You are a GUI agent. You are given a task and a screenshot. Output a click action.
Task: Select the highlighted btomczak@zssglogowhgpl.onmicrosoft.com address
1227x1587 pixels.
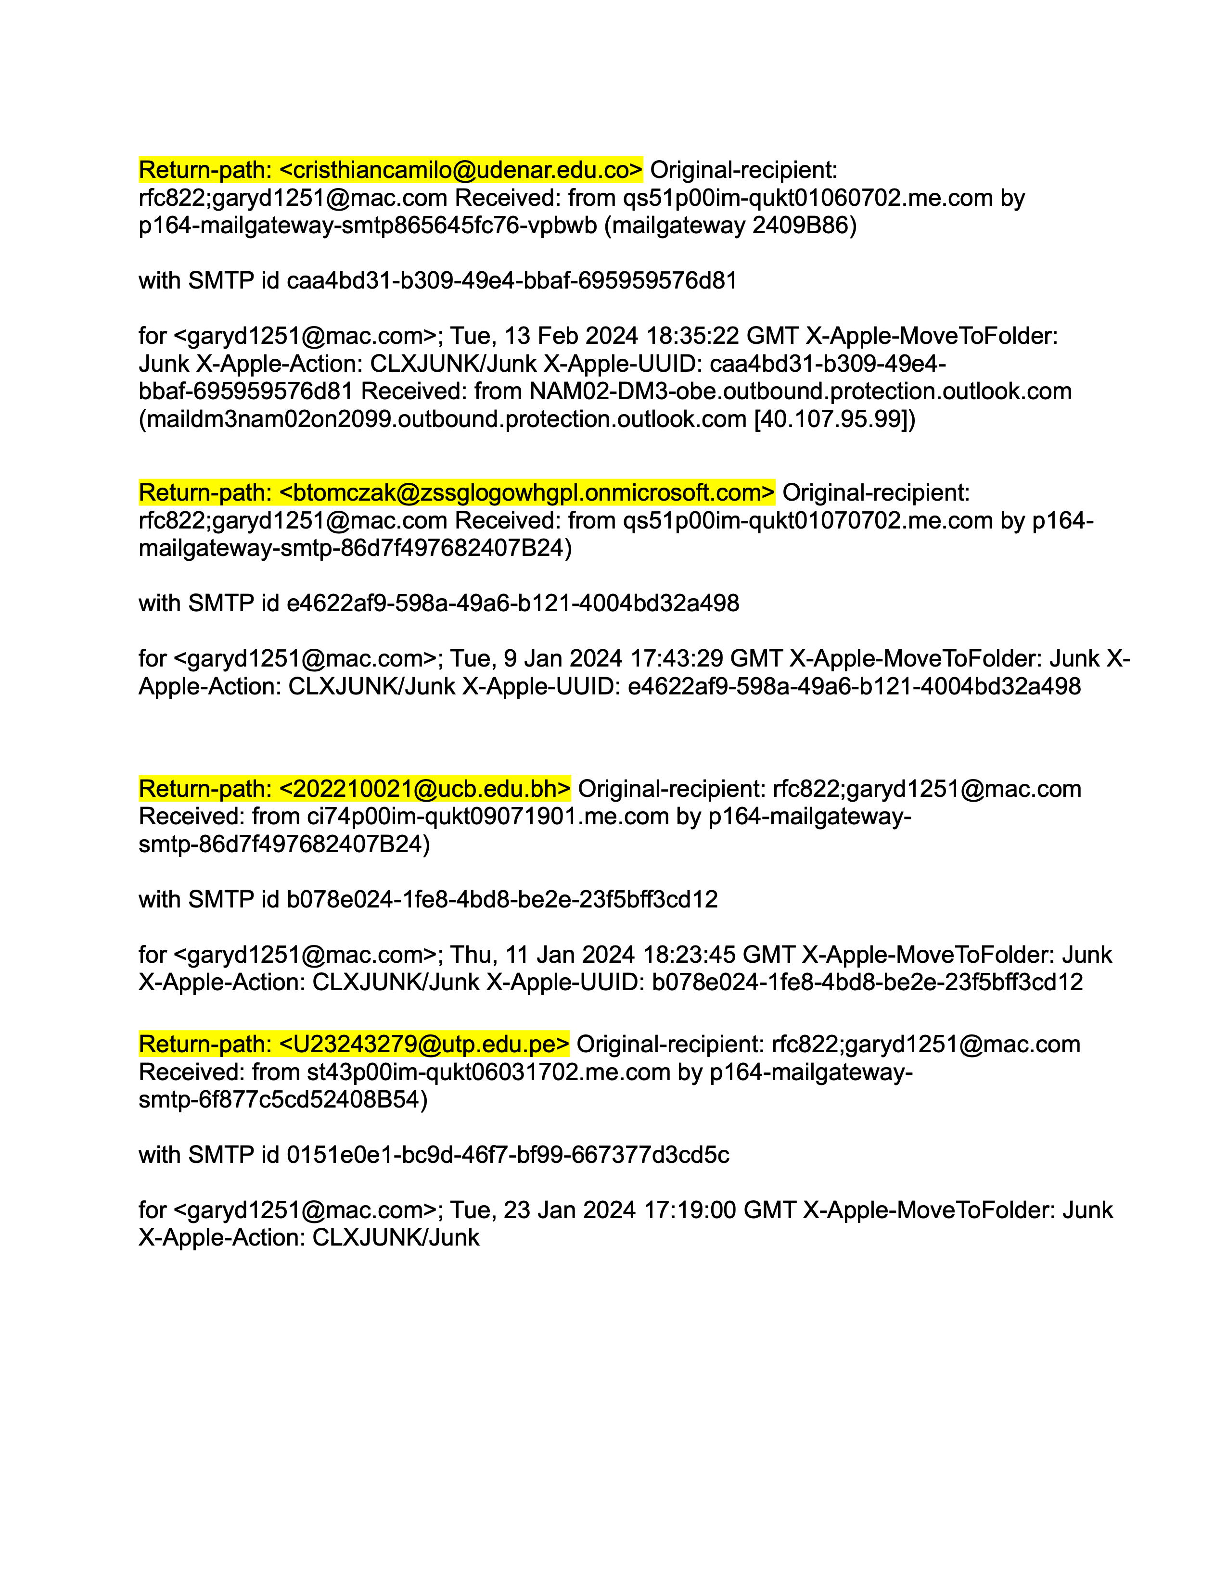tap(527, 492)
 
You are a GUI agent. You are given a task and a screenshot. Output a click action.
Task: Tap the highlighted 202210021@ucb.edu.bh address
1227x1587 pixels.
tap(424, 789)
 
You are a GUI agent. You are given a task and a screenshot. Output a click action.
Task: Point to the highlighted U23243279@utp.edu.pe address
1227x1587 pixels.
tap(424, 1044)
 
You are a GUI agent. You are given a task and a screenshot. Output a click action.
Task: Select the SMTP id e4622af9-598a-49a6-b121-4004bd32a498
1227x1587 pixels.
tap(512, 603)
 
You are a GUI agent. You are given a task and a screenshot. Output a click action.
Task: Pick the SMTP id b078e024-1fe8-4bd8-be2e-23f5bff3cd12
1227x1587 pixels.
tap(501, 900)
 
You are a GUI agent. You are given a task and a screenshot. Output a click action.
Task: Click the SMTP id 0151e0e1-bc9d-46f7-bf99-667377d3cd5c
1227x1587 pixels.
tap(507, 1155)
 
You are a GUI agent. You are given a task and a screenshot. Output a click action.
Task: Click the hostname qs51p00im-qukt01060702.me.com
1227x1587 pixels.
tap(807, 198)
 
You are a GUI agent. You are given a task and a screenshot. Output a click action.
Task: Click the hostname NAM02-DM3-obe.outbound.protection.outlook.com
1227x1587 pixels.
tap(800, 391)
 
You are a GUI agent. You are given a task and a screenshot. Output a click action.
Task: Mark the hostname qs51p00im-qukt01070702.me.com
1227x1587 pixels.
tap(807, 520)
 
